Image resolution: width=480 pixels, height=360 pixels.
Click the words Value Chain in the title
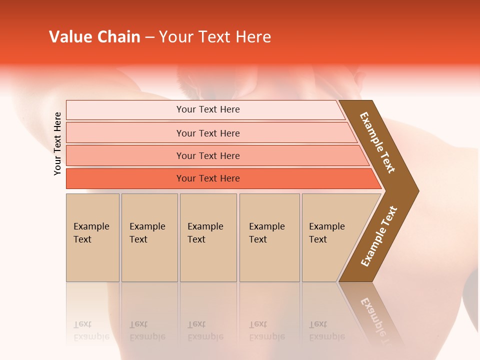94,37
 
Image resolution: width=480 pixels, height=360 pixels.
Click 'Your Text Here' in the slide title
215,37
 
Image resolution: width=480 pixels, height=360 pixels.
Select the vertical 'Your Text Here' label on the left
57,143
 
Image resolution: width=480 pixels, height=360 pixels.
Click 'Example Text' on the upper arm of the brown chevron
377,142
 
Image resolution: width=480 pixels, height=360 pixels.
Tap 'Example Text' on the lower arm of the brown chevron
379,236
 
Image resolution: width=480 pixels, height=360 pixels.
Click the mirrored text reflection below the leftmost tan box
91,331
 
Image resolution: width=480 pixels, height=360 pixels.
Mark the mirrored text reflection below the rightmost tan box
326,331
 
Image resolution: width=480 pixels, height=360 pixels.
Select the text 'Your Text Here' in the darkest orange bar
208,178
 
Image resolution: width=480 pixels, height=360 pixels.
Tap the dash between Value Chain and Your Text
149,37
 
